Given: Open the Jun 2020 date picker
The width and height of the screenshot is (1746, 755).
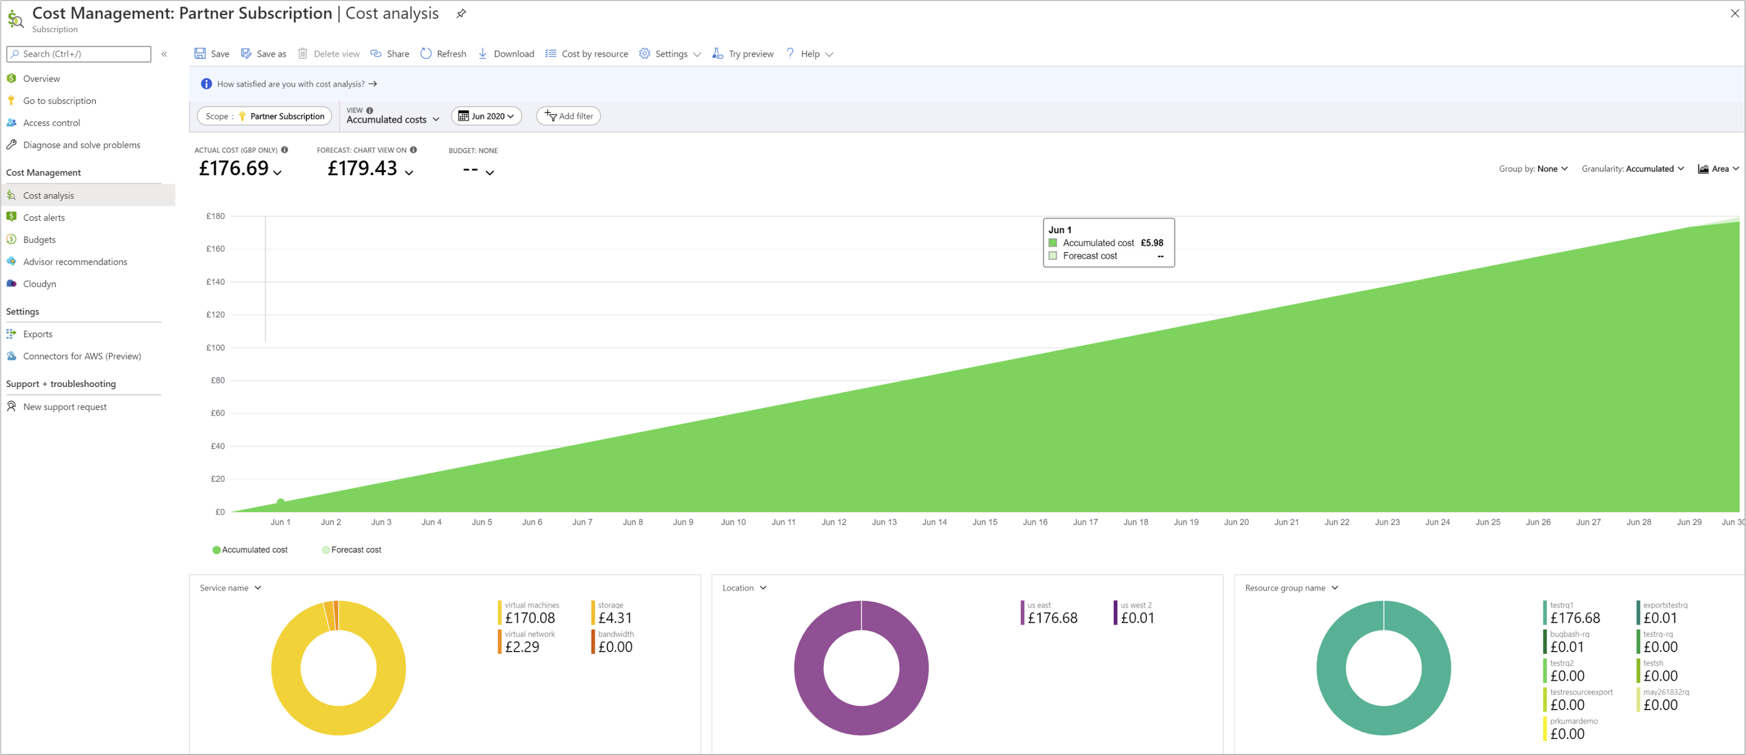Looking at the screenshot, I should coord(486,116).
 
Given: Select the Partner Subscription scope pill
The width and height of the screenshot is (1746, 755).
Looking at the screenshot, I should coord(264,116).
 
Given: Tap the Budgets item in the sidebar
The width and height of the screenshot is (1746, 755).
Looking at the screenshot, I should coord(39,240).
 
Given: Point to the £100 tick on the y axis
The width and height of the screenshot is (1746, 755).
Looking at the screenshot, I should coord(215,348).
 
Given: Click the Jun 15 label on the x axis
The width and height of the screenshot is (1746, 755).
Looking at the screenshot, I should coord(984,523).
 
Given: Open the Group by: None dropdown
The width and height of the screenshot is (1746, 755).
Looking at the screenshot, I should coord(1533,169).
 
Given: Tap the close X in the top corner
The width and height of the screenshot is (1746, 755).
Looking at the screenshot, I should coord(1734,13).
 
